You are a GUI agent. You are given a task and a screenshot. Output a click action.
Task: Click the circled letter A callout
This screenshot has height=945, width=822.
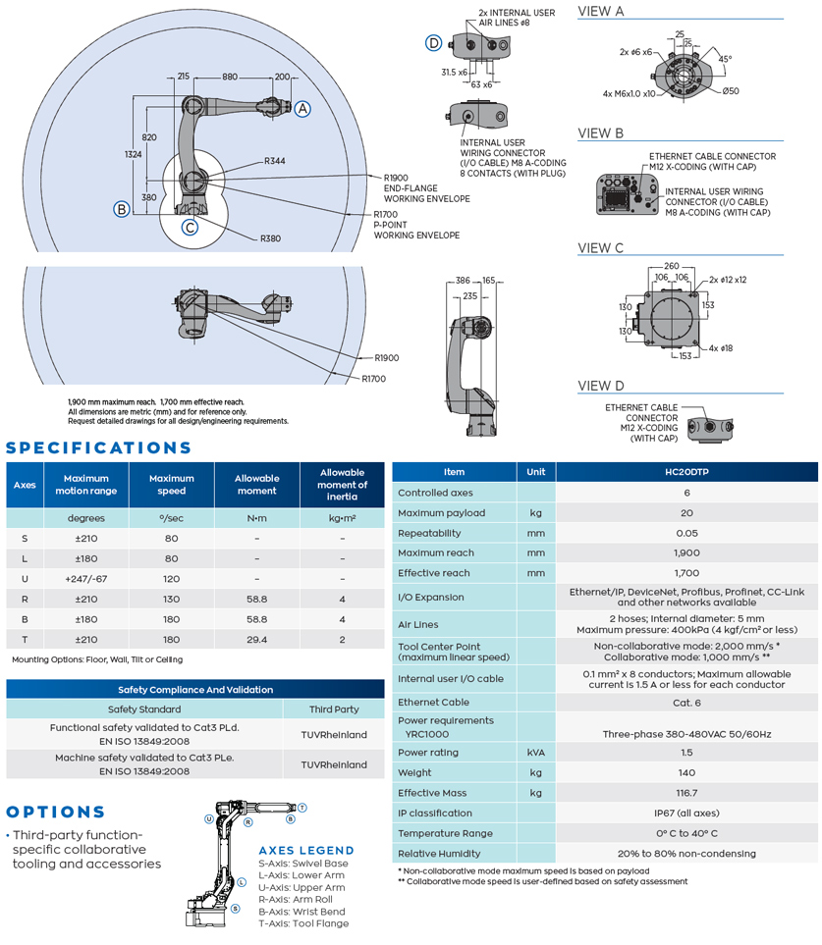point(303,110)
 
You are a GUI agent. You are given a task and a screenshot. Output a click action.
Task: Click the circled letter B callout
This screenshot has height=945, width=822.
point(122,208)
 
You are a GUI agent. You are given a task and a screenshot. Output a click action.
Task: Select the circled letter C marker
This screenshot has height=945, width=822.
point(191,228)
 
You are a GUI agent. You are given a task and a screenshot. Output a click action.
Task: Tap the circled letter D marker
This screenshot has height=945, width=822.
point(433,42)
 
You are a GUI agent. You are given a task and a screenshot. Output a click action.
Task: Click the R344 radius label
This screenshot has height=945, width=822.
point(274,161)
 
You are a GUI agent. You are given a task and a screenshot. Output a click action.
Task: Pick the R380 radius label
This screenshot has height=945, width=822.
point(270,238)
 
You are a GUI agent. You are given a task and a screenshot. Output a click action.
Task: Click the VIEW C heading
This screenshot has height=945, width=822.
point(600,248)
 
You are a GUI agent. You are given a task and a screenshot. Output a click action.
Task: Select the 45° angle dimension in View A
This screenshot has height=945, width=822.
point(725,59)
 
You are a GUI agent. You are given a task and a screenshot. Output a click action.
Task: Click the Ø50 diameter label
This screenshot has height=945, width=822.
point(731,92)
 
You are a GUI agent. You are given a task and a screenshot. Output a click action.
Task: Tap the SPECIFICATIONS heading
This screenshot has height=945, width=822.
point(99,448)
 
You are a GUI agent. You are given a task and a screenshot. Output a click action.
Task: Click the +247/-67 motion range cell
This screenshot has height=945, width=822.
point(86,579)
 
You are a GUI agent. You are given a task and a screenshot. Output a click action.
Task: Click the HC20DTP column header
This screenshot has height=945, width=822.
point(686,472)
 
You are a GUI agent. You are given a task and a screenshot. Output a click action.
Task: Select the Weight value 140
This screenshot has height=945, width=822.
point(686,773)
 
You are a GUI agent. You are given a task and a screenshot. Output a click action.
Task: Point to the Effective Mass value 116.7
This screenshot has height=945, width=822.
point(686,793)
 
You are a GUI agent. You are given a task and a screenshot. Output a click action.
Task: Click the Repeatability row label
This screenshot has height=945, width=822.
point(429,533)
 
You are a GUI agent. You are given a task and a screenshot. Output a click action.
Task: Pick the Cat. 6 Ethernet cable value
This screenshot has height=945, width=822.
point(686,703)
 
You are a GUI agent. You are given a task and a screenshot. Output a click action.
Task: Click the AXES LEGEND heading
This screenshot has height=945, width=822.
point(306,850)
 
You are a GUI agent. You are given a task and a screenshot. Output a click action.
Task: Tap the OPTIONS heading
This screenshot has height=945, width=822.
point(55,813)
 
